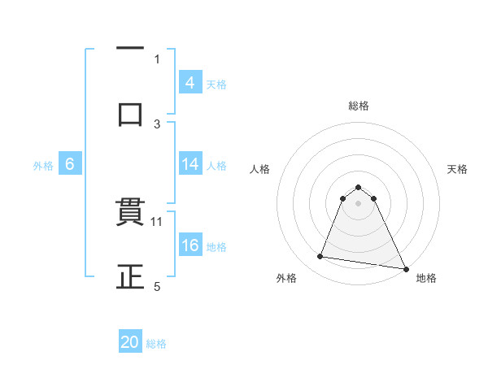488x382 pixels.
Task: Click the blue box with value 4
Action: click(190, 83)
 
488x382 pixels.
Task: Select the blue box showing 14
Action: click(190, 164)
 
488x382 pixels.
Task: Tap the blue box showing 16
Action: click(190, 245)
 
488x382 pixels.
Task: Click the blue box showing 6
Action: click(70, 164)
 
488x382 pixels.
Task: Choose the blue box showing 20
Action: click(130, 342)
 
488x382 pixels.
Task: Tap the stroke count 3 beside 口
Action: click(158, 124)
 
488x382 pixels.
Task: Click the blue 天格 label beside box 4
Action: click(216, 84)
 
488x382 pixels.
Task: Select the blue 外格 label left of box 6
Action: click(43, 165)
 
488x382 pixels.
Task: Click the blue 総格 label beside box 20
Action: click(156, 343)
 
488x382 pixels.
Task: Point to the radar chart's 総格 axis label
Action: click(358, 106)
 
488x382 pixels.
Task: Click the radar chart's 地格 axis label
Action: click(426, 278)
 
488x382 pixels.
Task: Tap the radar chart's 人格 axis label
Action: click(261, 169)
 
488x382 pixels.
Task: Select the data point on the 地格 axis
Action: click(406, 268)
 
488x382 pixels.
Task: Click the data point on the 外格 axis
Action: click(320, 257)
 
